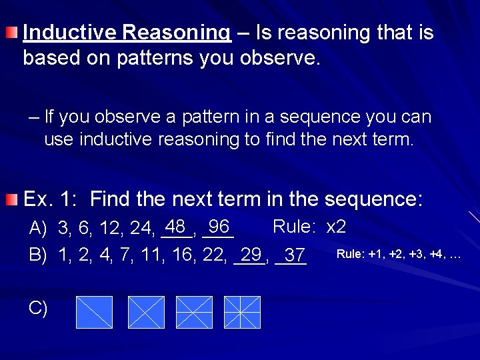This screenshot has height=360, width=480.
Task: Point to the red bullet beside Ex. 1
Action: click(x=11, y=199)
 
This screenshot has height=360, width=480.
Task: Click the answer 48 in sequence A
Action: click(x=176, y=226)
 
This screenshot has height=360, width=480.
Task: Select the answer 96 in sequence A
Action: click(x=218, y=226)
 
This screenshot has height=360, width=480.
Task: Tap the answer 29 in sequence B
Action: click(x=251, y=254)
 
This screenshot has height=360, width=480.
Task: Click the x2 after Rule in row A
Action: click(x=336, y=227)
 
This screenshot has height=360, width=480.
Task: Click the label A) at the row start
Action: click(x=38, y=229)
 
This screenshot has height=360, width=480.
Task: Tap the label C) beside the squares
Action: click(x=38, y=308)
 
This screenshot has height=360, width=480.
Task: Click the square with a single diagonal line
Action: click(x=94, y=312)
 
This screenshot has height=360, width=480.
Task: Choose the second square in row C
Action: click(x=146, y=312)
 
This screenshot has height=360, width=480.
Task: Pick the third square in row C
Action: click(x=194, y=312)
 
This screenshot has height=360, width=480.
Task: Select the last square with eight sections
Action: click(x=242, y=312)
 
